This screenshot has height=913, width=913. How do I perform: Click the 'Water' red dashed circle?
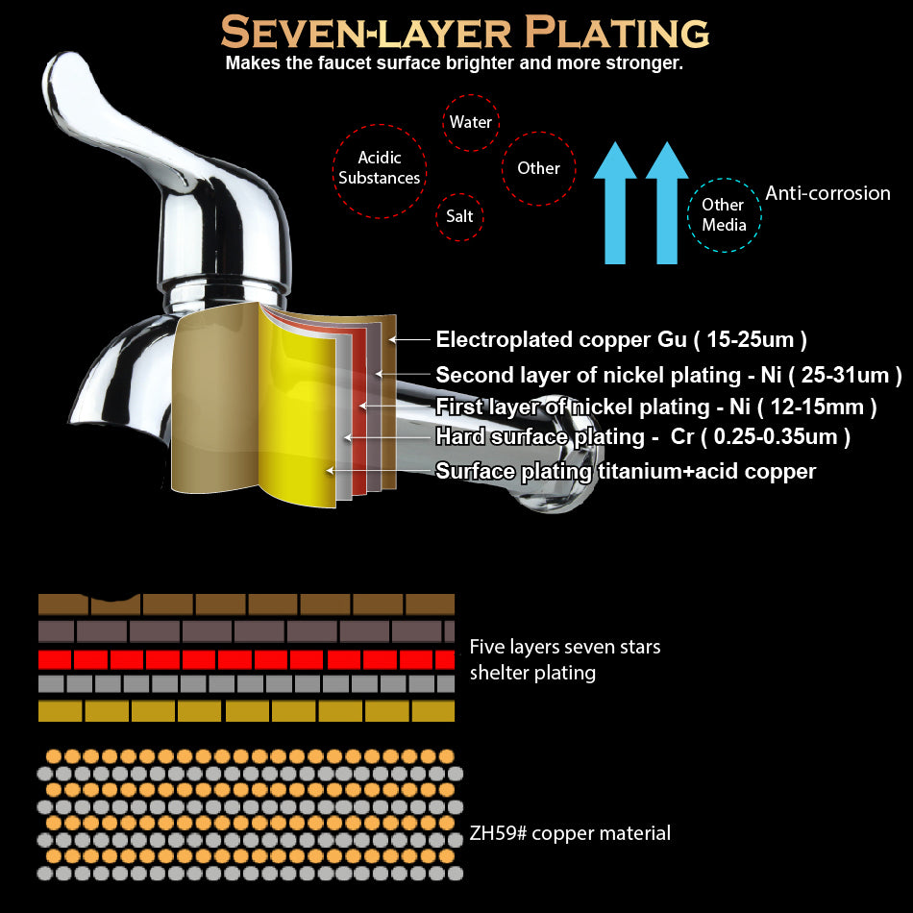point(471,122)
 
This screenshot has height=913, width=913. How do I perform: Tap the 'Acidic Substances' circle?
point(380,167)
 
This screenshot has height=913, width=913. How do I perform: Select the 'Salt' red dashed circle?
point(459,216)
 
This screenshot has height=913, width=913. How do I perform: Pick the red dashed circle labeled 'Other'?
point(538,168)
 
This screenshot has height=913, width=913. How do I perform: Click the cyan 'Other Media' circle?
point(724,214)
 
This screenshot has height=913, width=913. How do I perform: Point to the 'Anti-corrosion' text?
point(827,193)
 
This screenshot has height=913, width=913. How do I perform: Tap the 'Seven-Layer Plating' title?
point(464,33)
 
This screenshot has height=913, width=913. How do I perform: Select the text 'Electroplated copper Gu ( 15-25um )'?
point(621,339)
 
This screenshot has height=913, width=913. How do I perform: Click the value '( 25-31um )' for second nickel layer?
point(845,375)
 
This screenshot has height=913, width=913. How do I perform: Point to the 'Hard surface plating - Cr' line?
point(538,437)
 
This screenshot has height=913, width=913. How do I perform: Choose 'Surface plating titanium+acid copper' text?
point(626,471)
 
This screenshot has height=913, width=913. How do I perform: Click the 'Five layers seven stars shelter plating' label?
point(564,659)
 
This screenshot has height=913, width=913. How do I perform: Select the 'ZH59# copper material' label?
point(570,833)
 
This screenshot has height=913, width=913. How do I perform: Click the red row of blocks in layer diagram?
point(245,660)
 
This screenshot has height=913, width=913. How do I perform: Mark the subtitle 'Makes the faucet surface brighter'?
point(454,63)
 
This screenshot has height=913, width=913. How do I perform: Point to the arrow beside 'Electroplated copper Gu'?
point(410,339)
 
